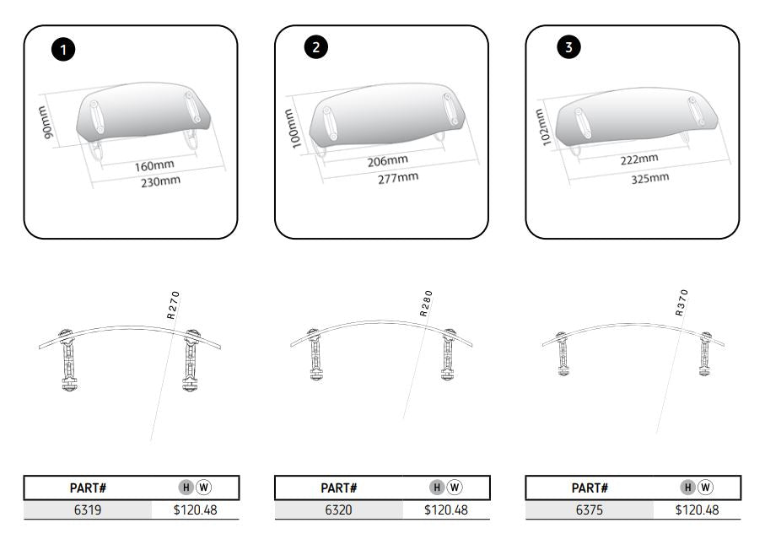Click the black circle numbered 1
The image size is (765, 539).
pyautogui.click(x=64, y=49)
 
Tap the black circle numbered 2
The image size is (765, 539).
pyautogui.click(x=315, y=47)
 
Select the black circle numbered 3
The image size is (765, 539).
pyautogui.click(x=568, y=47)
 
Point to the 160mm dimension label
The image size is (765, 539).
pyautogui.click(x=154, y=164)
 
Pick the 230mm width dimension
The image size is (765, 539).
pyautogui.click(x=160, y=181)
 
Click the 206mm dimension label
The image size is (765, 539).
pyautogui.click(x=388, y=160)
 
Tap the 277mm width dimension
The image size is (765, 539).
pyautogui.click(x=398, y=177)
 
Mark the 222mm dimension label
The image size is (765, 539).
pyautogui.click(x=639, y=159)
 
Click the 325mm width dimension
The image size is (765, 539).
pyautogui.click(x=649, y=177)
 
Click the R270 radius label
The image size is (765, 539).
pyautogui.click(x=172, y=305)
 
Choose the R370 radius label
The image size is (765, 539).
pyautogui.click(x=681, y=302)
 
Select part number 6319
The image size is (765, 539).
pyautogui.click(x=88, y=509)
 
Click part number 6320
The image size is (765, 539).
pyautogui.click(x=339, y=509)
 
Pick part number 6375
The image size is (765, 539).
pyautogui.click(x=590, y=509)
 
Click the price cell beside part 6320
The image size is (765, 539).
pyautogui.click(x=446, y=509)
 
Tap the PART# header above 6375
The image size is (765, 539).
pyautogui.click(x=590, y=488)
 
